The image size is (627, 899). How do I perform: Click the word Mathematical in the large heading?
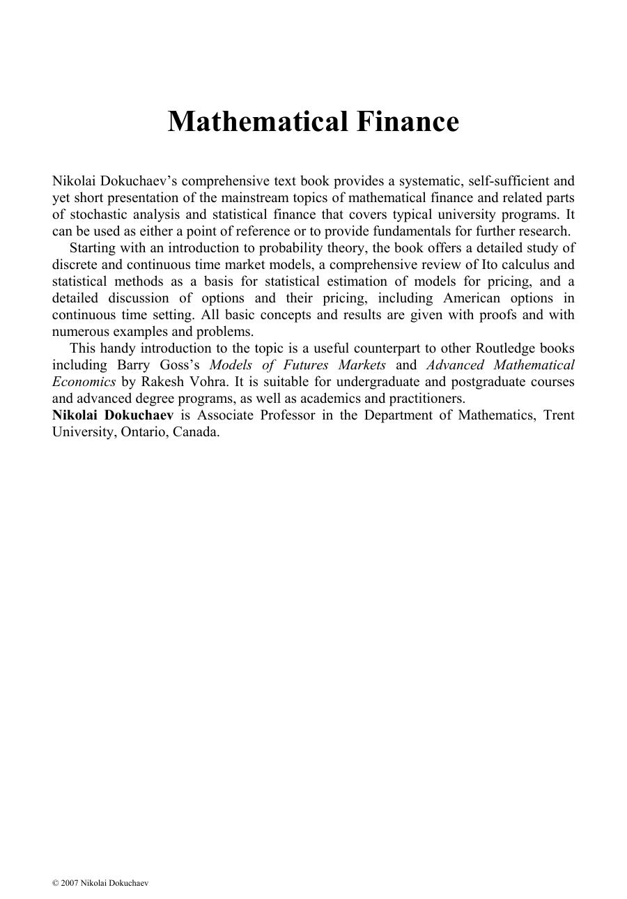tap(258, 122)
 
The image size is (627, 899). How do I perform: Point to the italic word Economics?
tap(84, 382)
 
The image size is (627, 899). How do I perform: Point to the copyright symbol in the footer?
tap(55, 883)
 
